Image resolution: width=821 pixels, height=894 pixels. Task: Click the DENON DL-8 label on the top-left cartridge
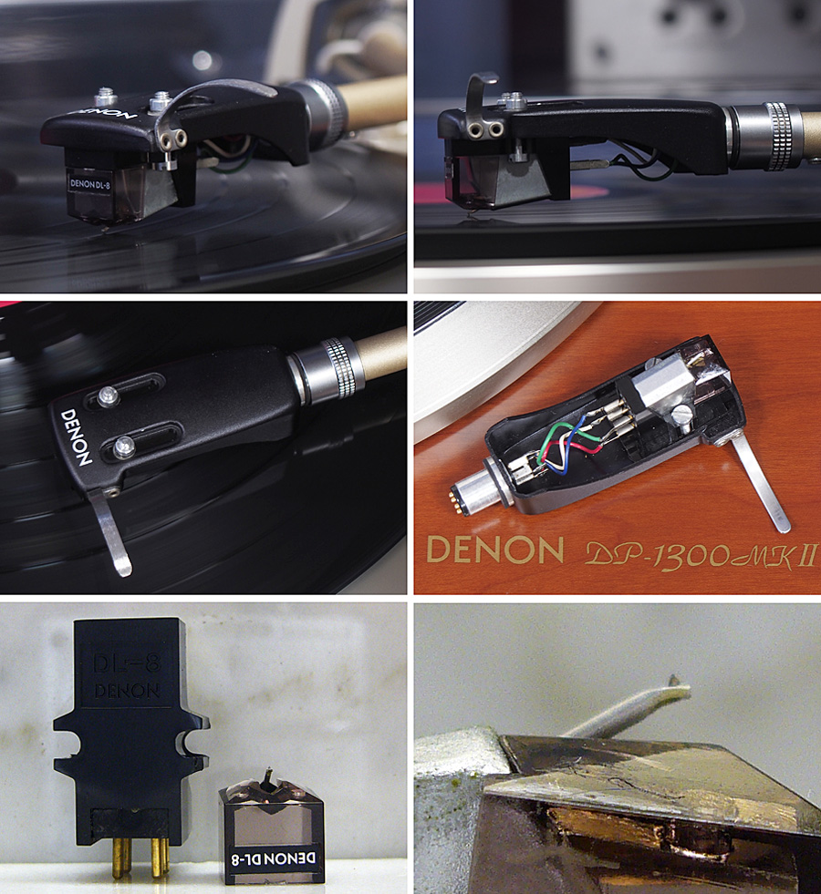point(89,183)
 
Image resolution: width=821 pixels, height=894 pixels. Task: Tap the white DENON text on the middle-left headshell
point(77,437)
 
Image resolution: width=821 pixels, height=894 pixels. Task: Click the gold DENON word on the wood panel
point(494,550)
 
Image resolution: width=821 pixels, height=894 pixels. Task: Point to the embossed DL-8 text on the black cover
point(127,663)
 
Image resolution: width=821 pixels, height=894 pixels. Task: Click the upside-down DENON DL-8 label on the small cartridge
point(274,858)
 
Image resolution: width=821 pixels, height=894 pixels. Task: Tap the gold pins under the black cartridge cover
point(140,856)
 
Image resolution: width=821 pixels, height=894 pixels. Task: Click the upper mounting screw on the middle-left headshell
point(108,396)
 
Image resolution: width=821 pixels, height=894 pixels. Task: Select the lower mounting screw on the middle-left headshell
point(124,446)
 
